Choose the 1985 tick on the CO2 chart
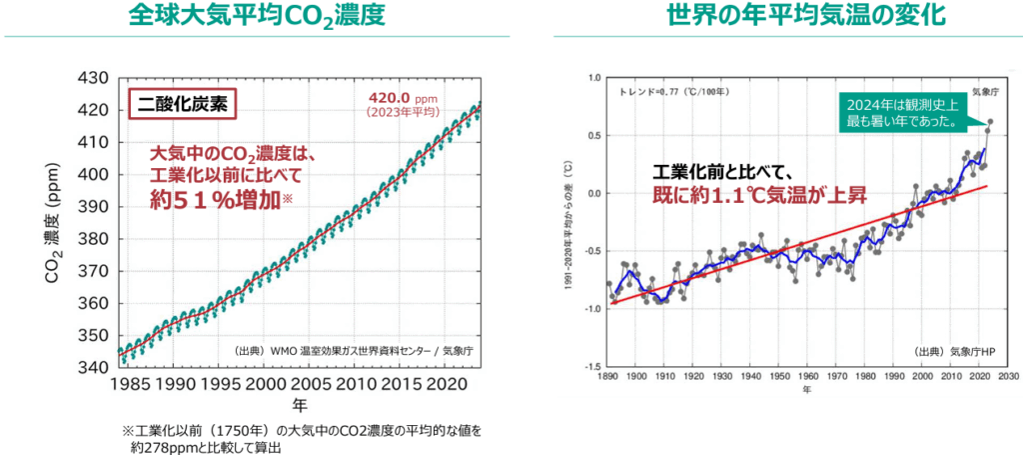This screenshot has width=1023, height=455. click(x=127, y=384)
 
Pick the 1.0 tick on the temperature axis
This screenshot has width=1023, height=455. click(x=594, y=77)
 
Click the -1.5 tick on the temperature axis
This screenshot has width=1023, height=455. click(x=592, y=367)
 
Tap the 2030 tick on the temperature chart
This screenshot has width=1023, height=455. click(x=1007, y=377)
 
